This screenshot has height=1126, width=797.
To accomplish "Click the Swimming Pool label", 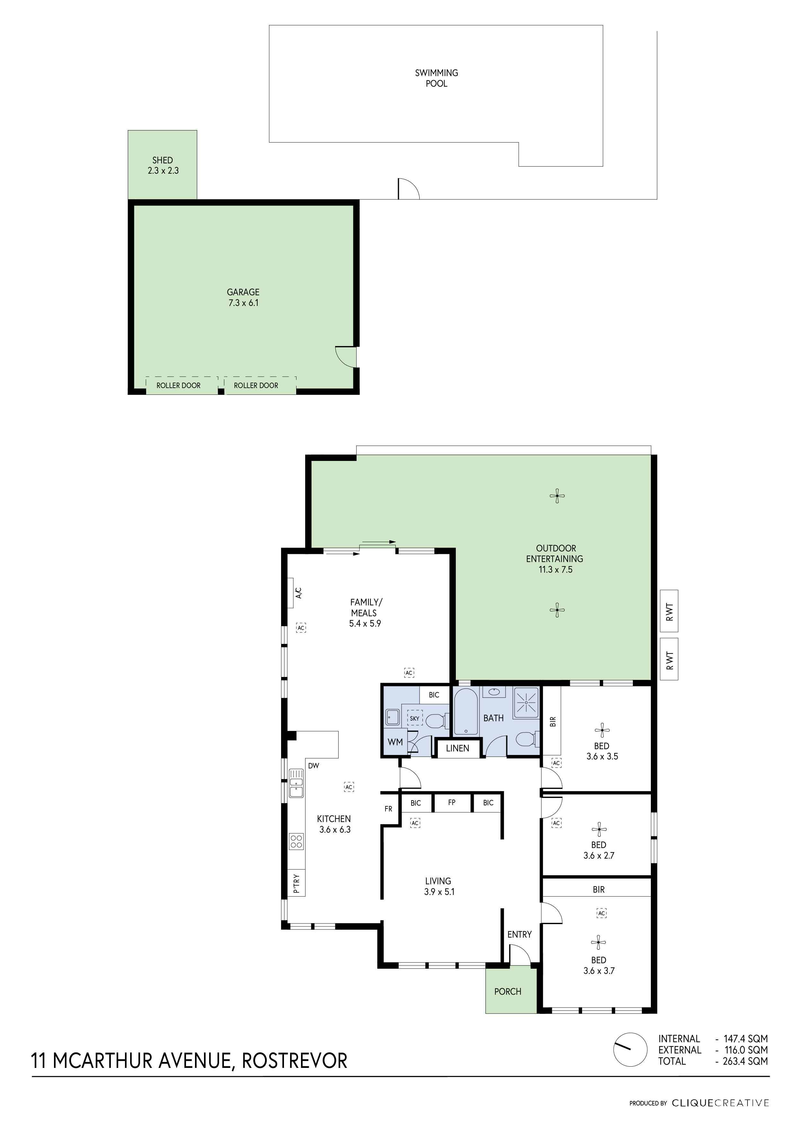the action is [436, 78].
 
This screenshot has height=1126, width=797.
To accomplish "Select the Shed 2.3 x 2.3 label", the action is [163, 165].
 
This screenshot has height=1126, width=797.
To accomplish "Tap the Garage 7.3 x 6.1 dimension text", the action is [244, 303].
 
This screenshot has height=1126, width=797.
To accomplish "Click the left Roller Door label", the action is [179, 385].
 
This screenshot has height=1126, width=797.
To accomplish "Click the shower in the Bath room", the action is [526, 703].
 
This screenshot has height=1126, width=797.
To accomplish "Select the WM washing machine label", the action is [395, 742].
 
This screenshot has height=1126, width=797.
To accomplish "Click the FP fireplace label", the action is [451, 802].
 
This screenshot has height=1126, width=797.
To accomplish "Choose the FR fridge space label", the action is [388, 809].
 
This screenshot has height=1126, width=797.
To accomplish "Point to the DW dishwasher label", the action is [313, 766].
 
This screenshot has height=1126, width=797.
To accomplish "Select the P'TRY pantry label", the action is [296, 883].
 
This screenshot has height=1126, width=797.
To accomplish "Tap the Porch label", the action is [508, 991].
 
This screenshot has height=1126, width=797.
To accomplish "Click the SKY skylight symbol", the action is [415, 718].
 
